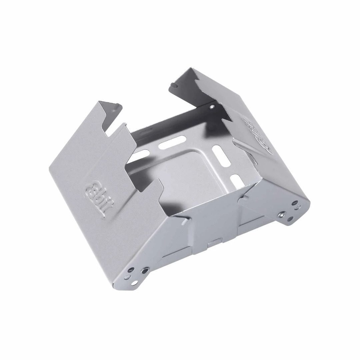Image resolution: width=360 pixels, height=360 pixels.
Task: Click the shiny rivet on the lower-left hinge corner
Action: [145, 269]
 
